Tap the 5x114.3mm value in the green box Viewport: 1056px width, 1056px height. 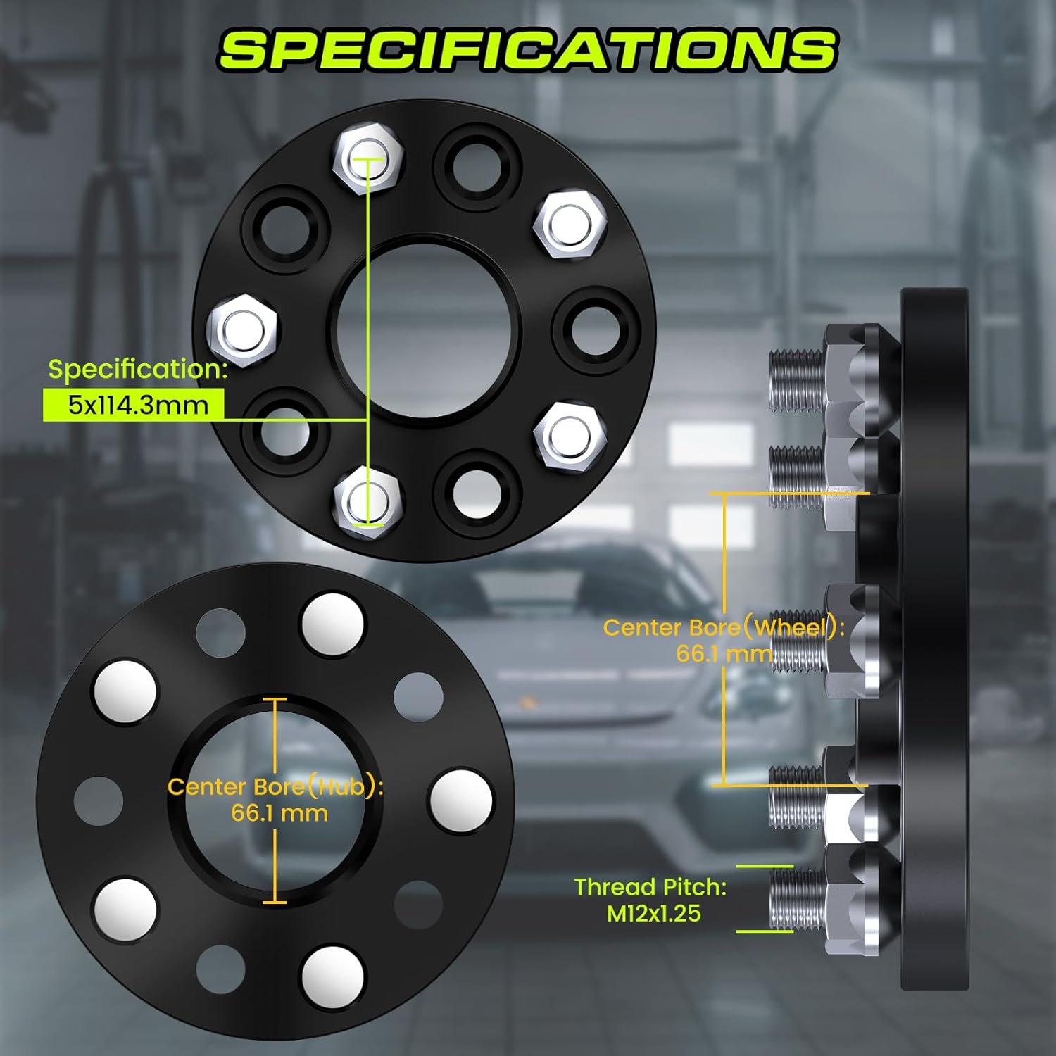pyautogui.click(x=138, y=405)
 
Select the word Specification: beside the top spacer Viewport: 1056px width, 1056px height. pyautogui.click(x=138, y=370)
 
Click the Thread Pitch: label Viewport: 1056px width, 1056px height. pyautogui.click(x=650, y=887)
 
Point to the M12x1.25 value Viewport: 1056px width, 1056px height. pyautogui.click(x=654, y=914)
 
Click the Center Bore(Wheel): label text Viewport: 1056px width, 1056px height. pyautogui.click(x=724, y=627)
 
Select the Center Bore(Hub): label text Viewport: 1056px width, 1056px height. pyautogui.click(x=275, y=786)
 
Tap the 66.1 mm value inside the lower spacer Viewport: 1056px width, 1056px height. pyautogui.click(x=279, y=813)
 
